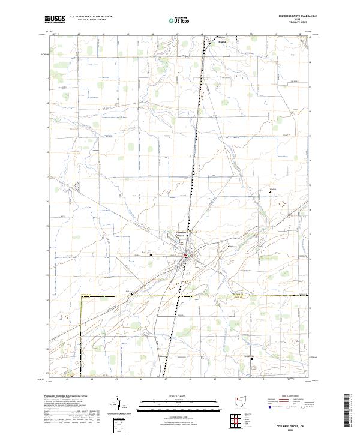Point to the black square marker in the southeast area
pos(253,359)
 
